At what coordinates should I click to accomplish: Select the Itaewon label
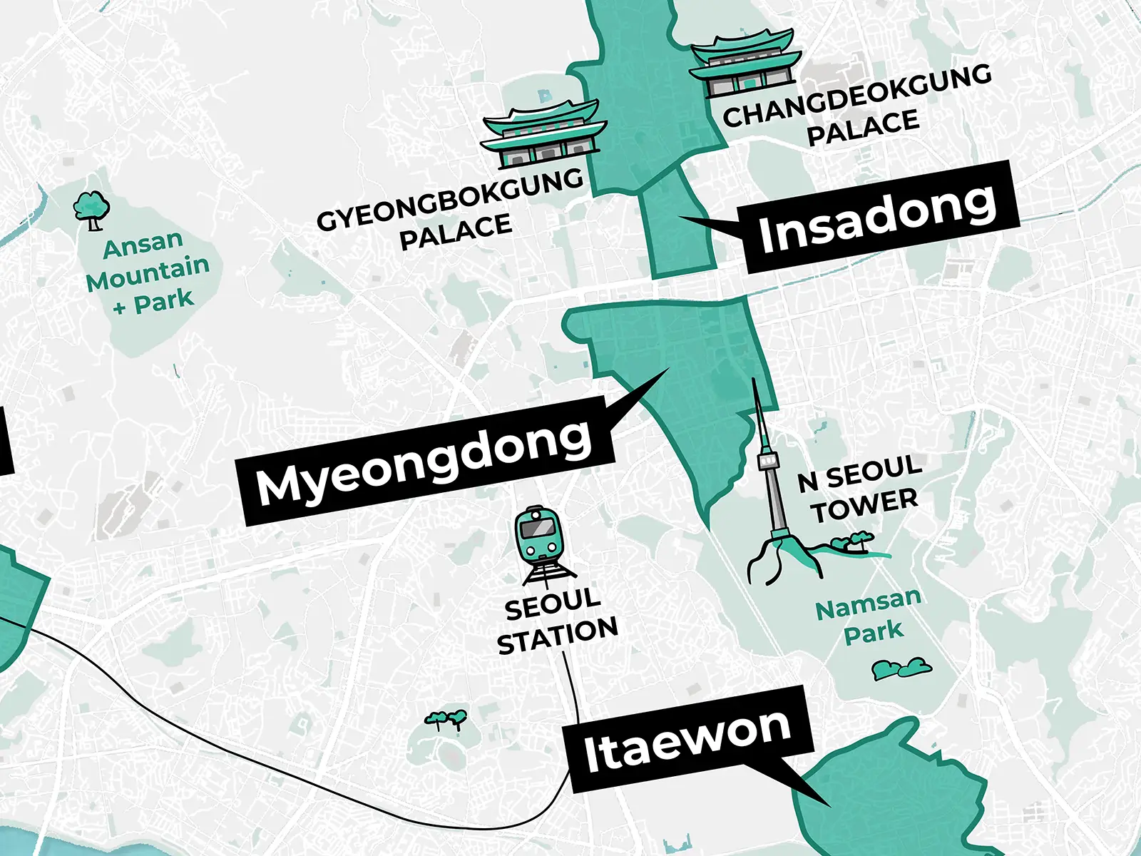(x=689, y=740)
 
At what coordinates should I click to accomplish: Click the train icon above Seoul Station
(x=539, y=537)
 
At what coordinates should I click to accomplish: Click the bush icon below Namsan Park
(x=901, y=668)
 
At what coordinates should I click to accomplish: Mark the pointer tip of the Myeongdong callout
(x=668, y=369)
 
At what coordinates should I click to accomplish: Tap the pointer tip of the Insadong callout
(x=680, y=217)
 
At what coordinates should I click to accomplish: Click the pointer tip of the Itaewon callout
(x=829, y=806)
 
